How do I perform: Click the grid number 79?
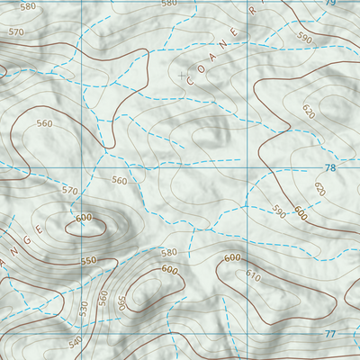[x=329, y=4]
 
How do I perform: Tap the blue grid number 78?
[x=329, y=168]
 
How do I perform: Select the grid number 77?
[x=329, y=334]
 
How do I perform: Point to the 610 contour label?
[x=253, y=277]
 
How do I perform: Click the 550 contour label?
[x=88, y=261]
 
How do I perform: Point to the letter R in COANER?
[x=253, y=12]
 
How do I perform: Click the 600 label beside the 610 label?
[x=232, y=259]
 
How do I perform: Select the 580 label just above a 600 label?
[x=168, y=254]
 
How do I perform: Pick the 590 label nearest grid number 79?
[x=304, y=39]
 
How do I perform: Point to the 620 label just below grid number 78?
[x=319, y=189]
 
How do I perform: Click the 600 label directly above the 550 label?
[x=85, y=218]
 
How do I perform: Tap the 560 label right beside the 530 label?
[x=103, y=296]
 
